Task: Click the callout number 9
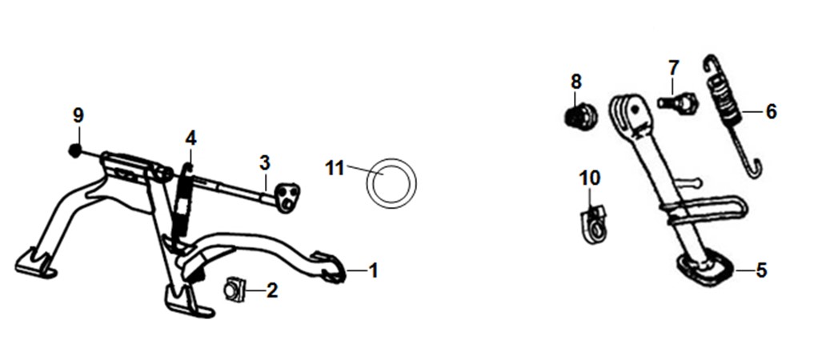click(x=78, y=115)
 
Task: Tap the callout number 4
click(x=190, y=138)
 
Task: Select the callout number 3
click(x=265, y=163)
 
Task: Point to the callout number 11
click(x=335, y=169)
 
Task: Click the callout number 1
click(x=373, y=270)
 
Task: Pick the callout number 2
click(x=271, y=290)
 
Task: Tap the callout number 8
click(x=576, y=82)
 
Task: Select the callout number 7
click(x=674, y=67)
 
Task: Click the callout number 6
click(x=771, y=112)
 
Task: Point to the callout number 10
click(x=590, y=178)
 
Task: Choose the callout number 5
click(x=761, y=270)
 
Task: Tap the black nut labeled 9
click(x=75, y=150)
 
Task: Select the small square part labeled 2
click(x=235, y=290)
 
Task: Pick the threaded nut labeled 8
click(x=580, y=115)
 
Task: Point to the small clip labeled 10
click(x=593, y=224)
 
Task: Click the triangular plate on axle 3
click(x=287, y=198)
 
